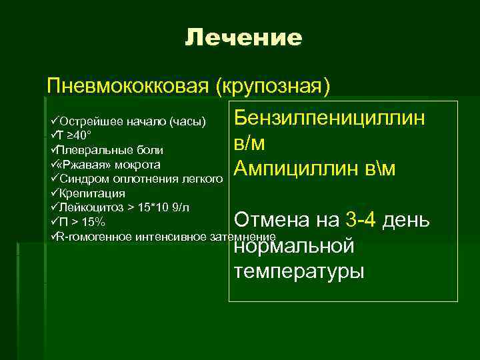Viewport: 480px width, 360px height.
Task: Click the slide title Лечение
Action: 243,38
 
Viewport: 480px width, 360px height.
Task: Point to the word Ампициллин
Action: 300,169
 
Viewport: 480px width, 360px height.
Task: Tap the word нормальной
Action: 293,246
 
